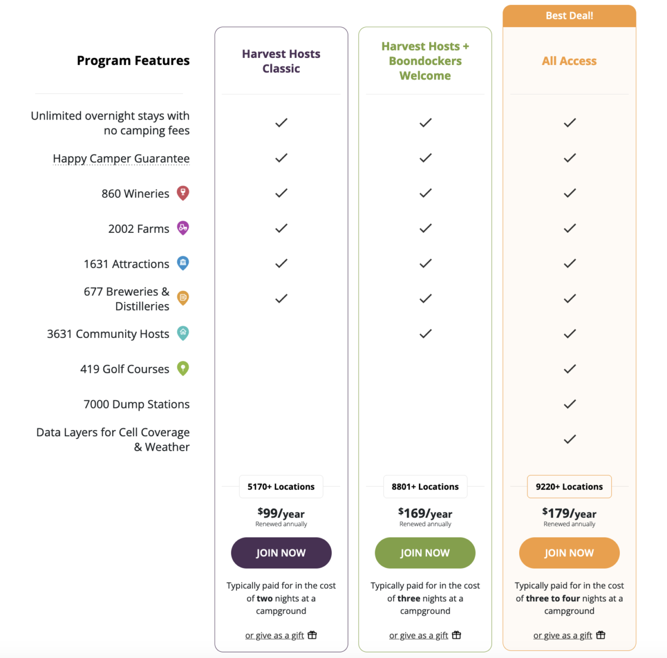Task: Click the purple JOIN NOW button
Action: pyautogui.click(x=281, y=553)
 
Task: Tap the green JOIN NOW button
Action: pyautogui.click(x=425, y=553)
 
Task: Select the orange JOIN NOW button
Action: pyautogui.click(x=569, y=553)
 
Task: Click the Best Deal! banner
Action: pyautogui.click(x=569, y=16)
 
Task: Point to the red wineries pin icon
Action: pyautogui.click(x=183, y=193)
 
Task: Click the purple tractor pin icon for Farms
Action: pyautogui.click(x=183, y=228)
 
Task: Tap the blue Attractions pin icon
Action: pyautogui.click(x=183, y=263)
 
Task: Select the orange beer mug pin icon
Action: pyautogui.click(x=183, y=298)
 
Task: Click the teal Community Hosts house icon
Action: pyautogui.click(x=183, y=333)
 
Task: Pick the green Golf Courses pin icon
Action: pyautogui.click(x=183, y=368)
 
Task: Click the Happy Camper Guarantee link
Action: pyautogui.click(x=121, y=158)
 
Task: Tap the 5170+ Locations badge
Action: pyautogui.click(x=281, y=487)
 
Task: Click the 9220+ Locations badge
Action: pyautogui.click(x=569, y=487)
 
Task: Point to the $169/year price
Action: pyautogui.click(x=425, y=513)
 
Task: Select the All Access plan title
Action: pyautogui.click(x=569, y=61)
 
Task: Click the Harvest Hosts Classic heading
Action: pyautogui.click(x=281, y=61)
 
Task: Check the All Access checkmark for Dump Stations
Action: pyautogui.click(x=570, y=404)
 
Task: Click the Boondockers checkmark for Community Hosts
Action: pyautogui.click(x=425, y=333)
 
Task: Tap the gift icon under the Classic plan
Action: pyautogui.click(x=312, y=635)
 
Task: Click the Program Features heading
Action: pyautogui.click(x=133, y=61)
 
